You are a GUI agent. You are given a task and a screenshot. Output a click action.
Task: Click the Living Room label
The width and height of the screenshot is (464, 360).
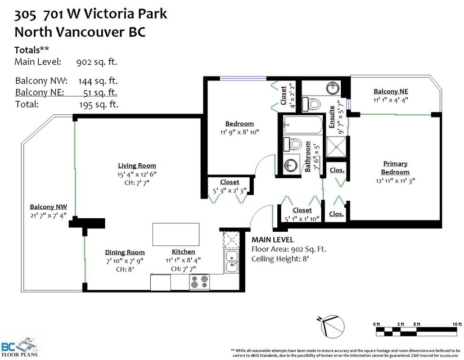[137, 165]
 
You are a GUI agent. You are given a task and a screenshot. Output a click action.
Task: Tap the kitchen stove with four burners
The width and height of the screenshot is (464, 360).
[199, 282]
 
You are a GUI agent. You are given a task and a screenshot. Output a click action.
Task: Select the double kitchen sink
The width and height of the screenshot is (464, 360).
[231, 262]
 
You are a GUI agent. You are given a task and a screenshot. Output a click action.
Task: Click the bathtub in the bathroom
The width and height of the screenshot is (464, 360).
[303, 125]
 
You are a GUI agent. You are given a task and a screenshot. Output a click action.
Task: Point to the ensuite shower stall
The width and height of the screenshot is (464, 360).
[336, 147]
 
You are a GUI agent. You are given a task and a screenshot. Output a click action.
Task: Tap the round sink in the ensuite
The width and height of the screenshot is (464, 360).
[333, 88]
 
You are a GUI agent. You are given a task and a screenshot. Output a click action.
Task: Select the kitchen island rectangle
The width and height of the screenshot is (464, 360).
[176, 235]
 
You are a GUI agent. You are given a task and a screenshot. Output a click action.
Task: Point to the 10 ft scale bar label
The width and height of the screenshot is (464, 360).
[457, 324]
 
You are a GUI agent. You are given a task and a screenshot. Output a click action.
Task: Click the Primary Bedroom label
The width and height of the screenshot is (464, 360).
[395, 168]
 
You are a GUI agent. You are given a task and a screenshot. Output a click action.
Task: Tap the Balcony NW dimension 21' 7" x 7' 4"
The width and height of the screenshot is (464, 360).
[48, 215]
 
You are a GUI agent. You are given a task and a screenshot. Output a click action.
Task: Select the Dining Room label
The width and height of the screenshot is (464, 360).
[125, 252]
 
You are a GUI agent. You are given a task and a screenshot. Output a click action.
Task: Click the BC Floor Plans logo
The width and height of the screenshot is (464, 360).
[20, 347]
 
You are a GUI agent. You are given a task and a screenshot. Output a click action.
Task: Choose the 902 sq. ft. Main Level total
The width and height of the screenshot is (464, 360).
[97, 62]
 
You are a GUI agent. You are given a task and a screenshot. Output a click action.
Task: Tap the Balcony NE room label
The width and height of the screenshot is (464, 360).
[391, 91]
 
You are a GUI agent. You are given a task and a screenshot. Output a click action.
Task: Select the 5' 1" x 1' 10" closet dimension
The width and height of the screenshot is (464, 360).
[302, 219]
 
